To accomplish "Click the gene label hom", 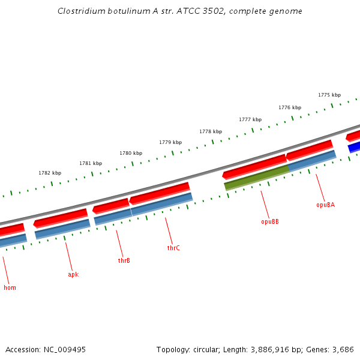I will (10, 287).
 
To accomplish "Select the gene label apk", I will (73, 274).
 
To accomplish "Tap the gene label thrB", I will (124, 260).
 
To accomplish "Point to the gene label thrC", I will (173, 248).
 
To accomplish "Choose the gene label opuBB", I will (270, 221).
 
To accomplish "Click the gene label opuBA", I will (325, 205).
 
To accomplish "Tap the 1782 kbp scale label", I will (50, 173).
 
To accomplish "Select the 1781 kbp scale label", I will (91, 163).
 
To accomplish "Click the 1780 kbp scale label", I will (131, 153).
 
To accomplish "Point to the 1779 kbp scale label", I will (170, 142).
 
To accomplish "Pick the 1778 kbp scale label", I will (211, 131).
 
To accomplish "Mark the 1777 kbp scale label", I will (250, 119).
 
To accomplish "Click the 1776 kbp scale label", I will (290, 107).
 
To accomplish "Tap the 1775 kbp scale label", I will (329, 95).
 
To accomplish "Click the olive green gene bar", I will (257, 178).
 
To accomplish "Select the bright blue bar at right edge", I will (355, 147).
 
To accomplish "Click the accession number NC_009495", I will (64, 349).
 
